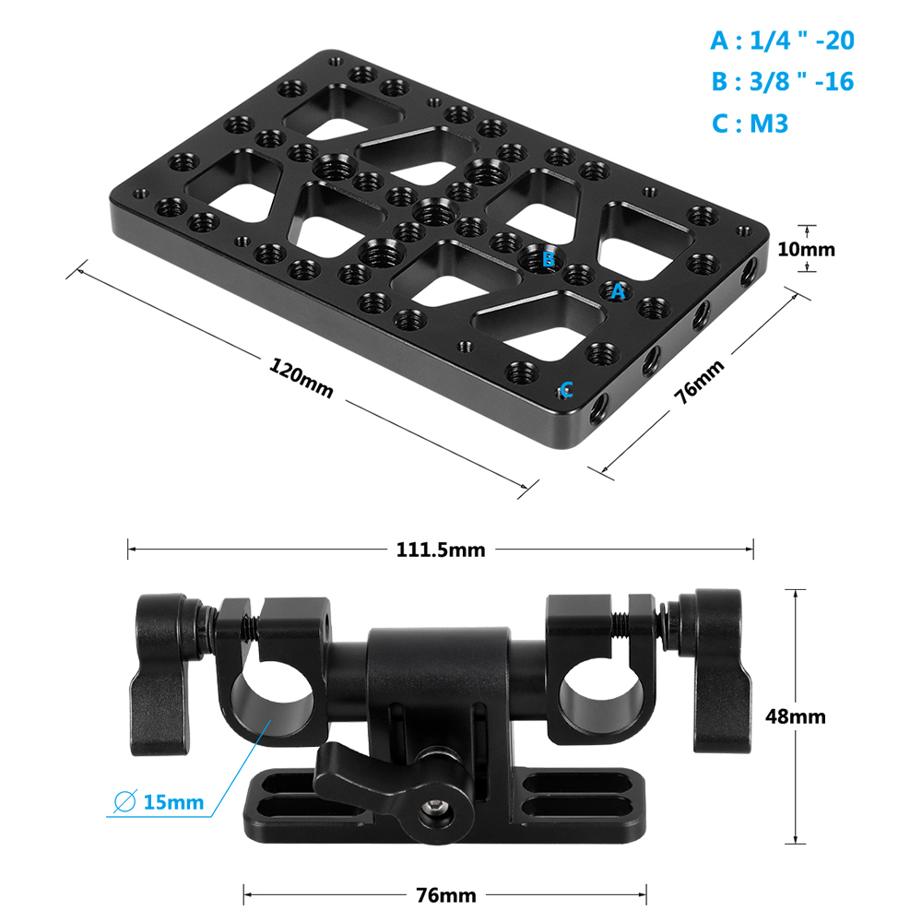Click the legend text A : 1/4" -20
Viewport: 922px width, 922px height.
pyautogui.click(x=782, y=41)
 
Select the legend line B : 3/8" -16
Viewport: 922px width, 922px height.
pyautogui.click(x=782, y=82)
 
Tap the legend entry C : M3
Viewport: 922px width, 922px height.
pyautogui.click(x=750, y=124)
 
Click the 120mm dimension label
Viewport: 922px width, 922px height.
pyautogui.click(x=301, y=377)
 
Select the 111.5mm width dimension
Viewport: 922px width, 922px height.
pyautogui.click(x=441, y=550)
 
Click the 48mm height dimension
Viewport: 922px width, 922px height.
pyautogui.click(x=796, y=716)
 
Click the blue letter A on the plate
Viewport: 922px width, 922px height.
pyautogui.click(x=618, y=291)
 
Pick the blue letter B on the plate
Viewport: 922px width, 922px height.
pyautogui.click(x=548, y=260)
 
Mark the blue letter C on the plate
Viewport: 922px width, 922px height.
pyautogui.click(x=566, y=388)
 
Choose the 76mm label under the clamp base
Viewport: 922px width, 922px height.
pyautogui.click(x=445, y=895)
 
